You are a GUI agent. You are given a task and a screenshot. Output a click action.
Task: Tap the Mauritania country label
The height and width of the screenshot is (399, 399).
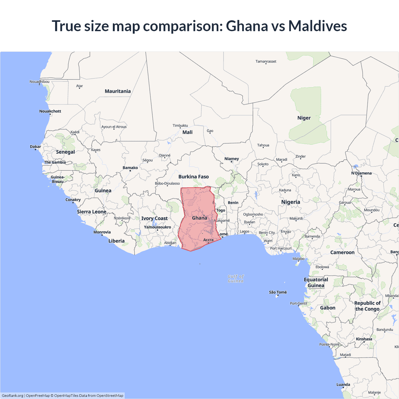(118, 91)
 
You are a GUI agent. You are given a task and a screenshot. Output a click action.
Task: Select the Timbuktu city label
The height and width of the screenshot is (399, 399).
(180, 126)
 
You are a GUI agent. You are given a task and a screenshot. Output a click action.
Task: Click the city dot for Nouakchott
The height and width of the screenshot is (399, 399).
(50, 114)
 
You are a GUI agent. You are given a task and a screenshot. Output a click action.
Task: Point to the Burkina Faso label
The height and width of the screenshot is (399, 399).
(193, 177)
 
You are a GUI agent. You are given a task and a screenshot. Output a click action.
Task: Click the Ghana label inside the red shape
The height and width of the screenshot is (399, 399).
(199, 218)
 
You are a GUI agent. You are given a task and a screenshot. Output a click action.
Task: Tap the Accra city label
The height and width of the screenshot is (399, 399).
(208, 240)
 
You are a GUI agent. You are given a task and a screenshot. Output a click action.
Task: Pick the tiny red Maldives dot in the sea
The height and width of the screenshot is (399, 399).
(200, 264)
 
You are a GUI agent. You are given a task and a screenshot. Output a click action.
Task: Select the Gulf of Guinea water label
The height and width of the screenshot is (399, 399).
(236, 279)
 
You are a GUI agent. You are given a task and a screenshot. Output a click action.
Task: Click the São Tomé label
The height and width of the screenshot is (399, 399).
(278, 292)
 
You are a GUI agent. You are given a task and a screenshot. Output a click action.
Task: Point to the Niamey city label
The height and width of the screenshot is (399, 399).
(232, 159)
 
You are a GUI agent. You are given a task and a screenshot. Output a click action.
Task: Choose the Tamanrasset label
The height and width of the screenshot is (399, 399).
(266, 61)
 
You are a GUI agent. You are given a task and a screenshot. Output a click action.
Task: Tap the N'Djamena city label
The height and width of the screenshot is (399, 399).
(361, 173)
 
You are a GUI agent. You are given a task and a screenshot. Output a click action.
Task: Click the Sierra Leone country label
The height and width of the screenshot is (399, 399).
(92, 212)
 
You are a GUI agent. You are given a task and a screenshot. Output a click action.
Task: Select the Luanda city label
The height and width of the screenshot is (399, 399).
(343, 384)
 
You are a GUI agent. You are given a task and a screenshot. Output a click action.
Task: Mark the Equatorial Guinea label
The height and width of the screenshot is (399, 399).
(316, 282)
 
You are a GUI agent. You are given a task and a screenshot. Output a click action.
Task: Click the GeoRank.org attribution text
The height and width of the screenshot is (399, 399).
(12, 396)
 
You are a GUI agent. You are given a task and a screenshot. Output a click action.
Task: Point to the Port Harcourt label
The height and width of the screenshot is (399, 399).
(281, 248)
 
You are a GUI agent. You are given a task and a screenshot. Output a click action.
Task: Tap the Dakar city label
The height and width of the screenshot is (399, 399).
(36, 147)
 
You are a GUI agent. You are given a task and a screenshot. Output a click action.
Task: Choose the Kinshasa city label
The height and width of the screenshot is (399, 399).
(364, 339)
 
